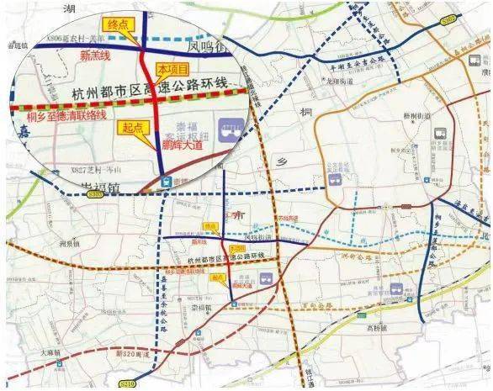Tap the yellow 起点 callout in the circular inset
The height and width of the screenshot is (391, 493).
(129, 128)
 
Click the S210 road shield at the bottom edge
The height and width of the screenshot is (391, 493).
(128, 383)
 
